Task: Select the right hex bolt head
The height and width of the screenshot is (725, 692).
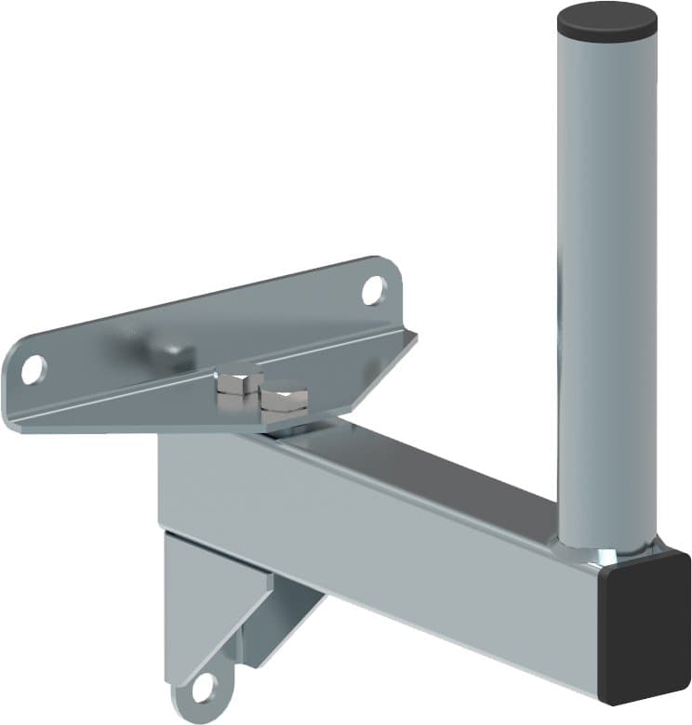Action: pos(283,401)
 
